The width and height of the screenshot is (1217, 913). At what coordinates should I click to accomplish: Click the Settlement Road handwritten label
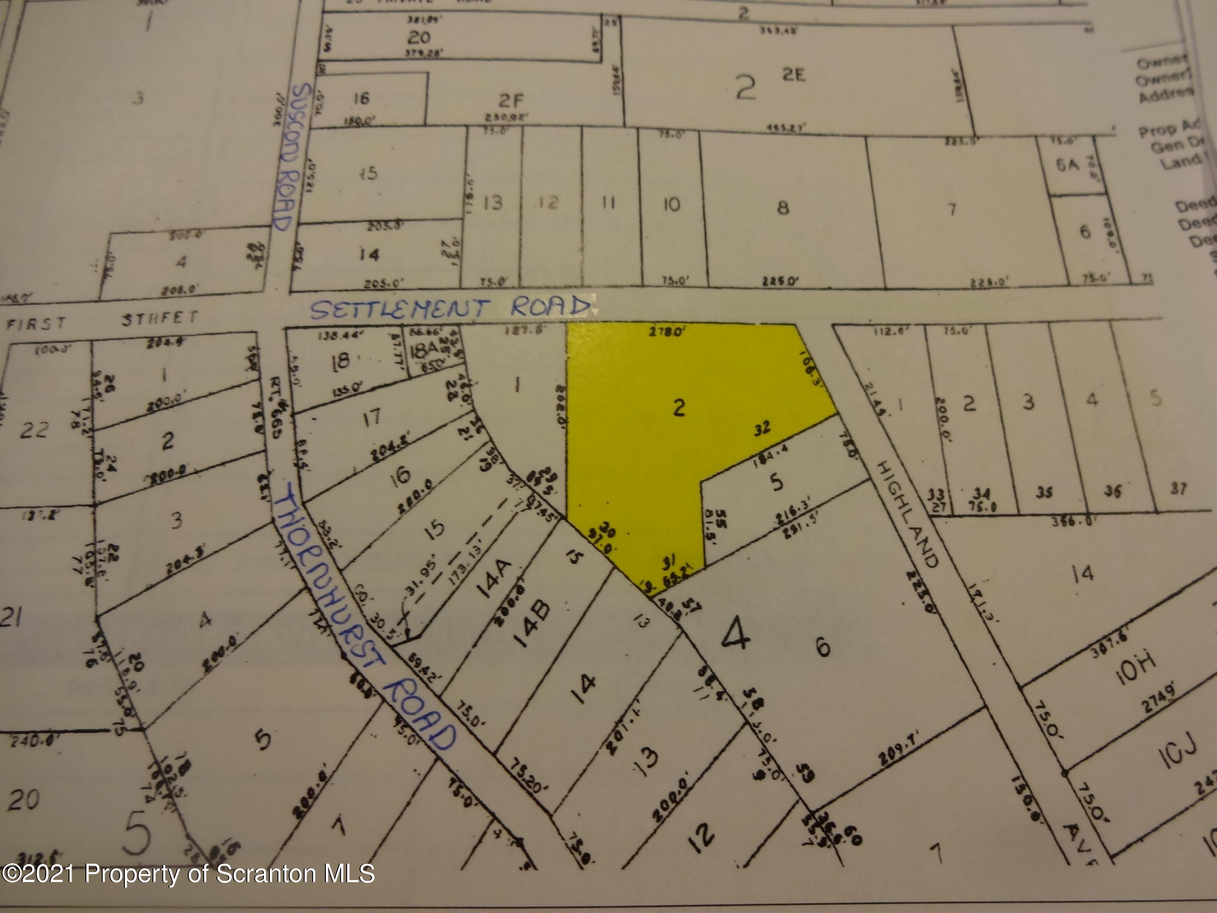coord(450,308)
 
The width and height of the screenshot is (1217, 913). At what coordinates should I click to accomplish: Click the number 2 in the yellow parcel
coord(680,408)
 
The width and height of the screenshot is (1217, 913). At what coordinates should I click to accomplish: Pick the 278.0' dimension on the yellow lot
coord(667,333)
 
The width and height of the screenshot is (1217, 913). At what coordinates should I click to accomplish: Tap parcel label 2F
coord(510,101)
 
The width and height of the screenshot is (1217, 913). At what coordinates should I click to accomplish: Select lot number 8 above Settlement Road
coord(782,208)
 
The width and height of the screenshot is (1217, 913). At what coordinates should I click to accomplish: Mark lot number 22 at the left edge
coord(34,429)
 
